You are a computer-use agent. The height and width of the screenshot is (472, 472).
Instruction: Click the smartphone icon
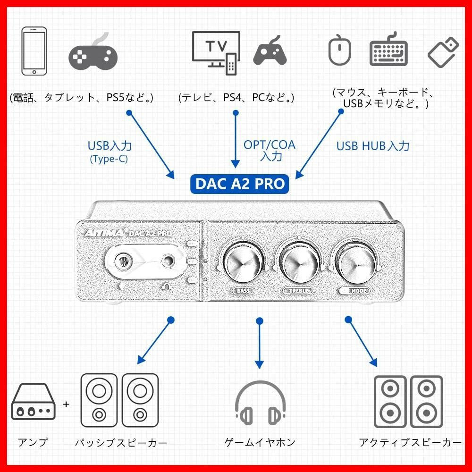point(34,51)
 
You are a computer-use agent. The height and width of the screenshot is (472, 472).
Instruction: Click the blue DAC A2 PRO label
point(239,183)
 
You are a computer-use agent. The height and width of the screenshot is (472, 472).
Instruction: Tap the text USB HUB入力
point(373,146)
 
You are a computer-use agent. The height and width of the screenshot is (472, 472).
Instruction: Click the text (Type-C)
point(109,159)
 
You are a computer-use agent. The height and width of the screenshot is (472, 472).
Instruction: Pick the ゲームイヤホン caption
point(260,442)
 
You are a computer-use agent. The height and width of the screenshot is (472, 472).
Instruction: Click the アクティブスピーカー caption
point(410,442)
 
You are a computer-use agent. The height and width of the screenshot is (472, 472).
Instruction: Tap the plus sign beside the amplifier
point(66,404)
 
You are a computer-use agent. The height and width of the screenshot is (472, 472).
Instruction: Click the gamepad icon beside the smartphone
point(93,51)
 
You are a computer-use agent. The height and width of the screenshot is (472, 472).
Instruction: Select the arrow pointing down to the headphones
point(259,345)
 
